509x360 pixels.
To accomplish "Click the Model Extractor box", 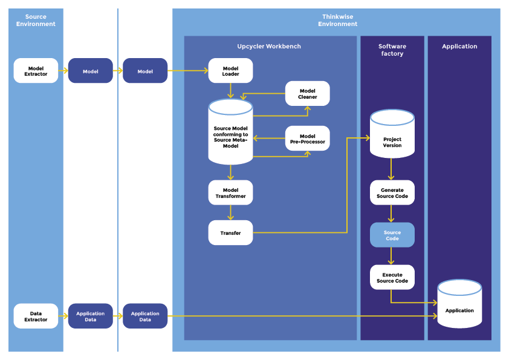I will (x=36, y=71).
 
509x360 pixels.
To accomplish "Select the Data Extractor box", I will (x=36, y=316).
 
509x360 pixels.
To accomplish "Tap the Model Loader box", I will (x=230, y=71).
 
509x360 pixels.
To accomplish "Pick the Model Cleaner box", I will (x=307, y=94).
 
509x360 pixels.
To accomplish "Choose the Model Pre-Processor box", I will (x=307, y=139).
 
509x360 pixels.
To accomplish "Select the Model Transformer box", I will (x=230, y=192).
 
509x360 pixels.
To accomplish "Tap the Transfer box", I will (x=230, y=233).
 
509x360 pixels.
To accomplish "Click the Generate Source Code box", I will (x=392, y=192).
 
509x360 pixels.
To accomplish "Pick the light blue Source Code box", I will (x=392, y=235).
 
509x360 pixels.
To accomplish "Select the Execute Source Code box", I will (x=392, y=277).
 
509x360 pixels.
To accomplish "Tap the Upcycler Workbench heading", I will (x=268, y=47).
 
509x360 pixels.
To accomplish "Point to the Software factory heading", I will (x=392, y=50).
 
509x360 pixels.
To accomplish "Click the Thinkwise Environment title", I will (x=337, y=21).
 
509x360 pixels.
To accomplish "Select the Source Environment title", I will (x=36, y=21).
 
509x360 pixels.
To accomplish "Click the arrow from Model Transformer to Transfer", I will (x=230, y=212).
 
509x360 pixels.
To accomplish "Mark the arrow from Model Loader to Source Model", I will (x=230, y=91).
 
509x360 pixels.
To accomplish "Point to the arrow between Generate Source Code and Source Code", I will (x=392, y=214).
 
